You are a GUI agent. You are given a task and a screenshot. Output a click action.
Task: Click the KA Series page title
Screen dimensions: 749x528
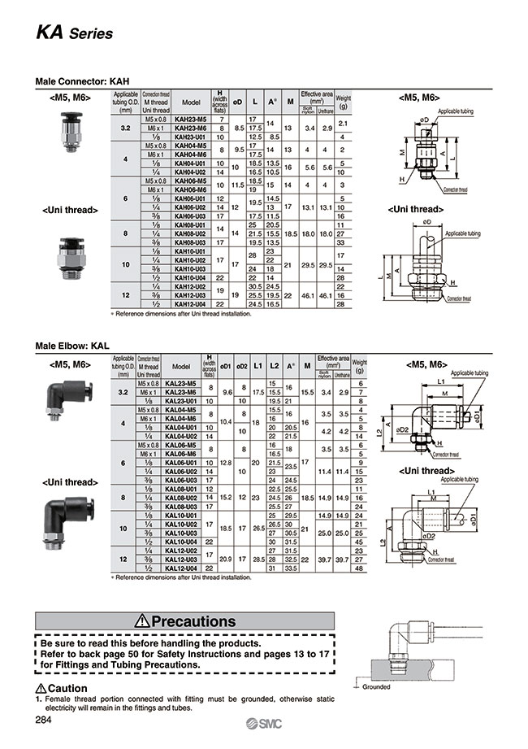(73, 33)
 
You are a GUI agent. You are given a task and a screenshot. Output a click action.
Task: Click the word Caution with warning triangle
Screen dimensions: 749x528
(62, 689)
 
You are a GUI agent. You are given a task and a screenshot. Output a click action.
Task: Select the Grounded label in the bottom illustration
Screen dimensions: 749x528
(376, 686)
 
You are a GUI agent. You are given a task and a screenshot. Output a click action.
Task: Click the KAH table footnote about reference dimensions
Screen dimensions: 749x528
(181, 312)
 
